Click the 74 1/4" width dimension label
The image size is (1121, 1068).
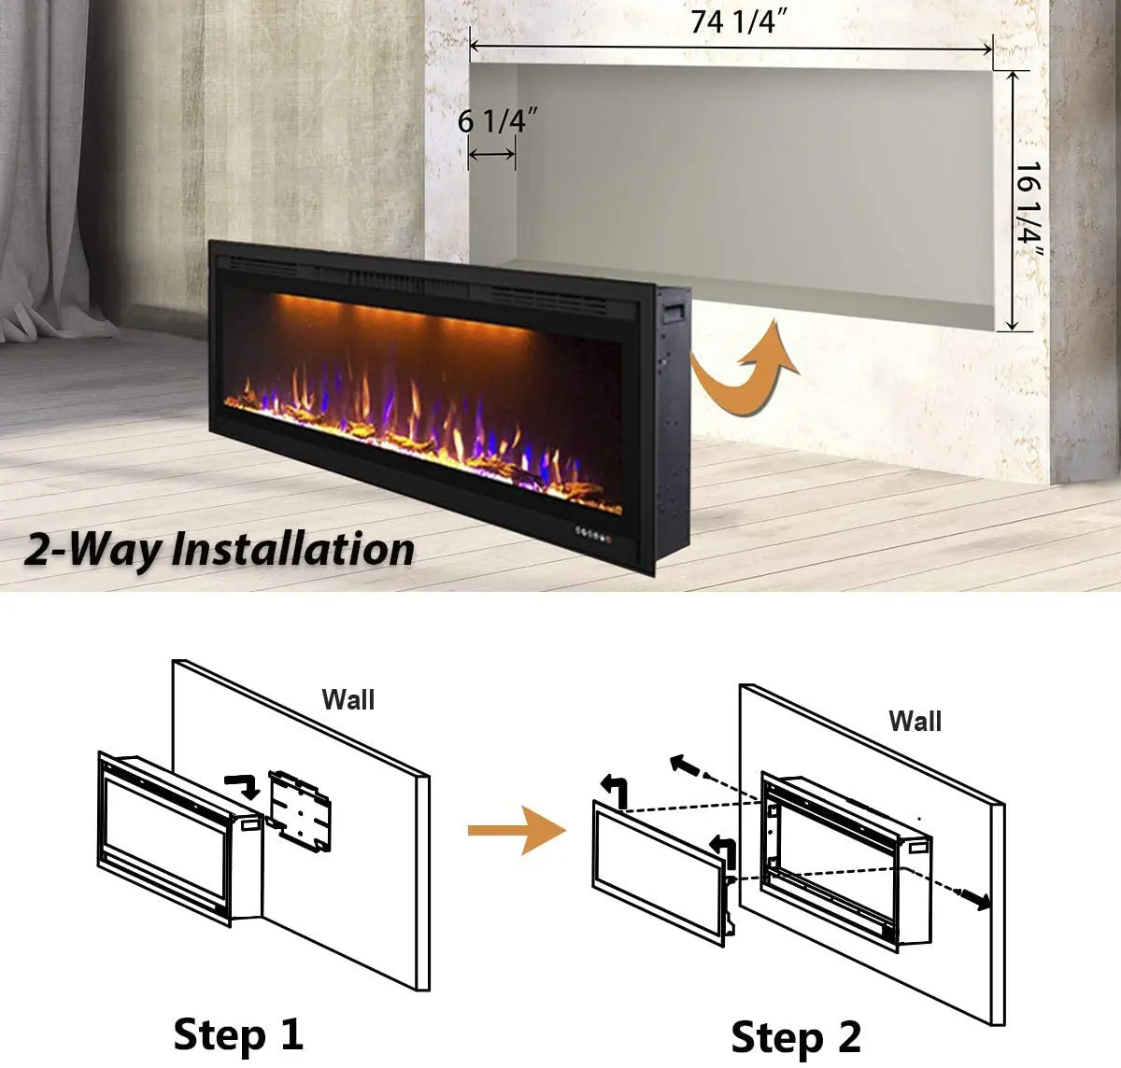click(738, 21)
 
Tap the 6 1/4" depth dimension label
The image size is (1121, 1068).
click(498, 120)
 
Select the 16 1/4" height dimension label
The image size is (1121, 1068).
click(1029, 209)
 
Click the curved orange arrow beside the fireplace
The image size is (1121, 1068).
click(745, 366)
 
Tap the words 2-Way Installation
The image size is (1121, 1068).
click(219, 549)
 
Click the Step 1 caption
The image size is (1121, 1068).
click(238, 1033)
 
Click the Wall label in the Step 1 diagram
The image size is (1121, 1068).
click(348, 699)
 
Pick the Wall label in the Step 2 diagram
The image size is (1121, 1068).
click(915, 721)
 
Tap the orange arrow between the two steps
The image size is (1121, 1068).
click(517, 830)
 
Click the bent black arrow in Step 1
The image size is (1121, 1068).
click(245, 785)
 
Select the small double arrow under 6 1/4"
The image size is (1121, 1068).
click(491, 154)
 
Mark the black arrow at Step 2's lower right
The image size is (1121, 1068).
click(977, 900)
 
